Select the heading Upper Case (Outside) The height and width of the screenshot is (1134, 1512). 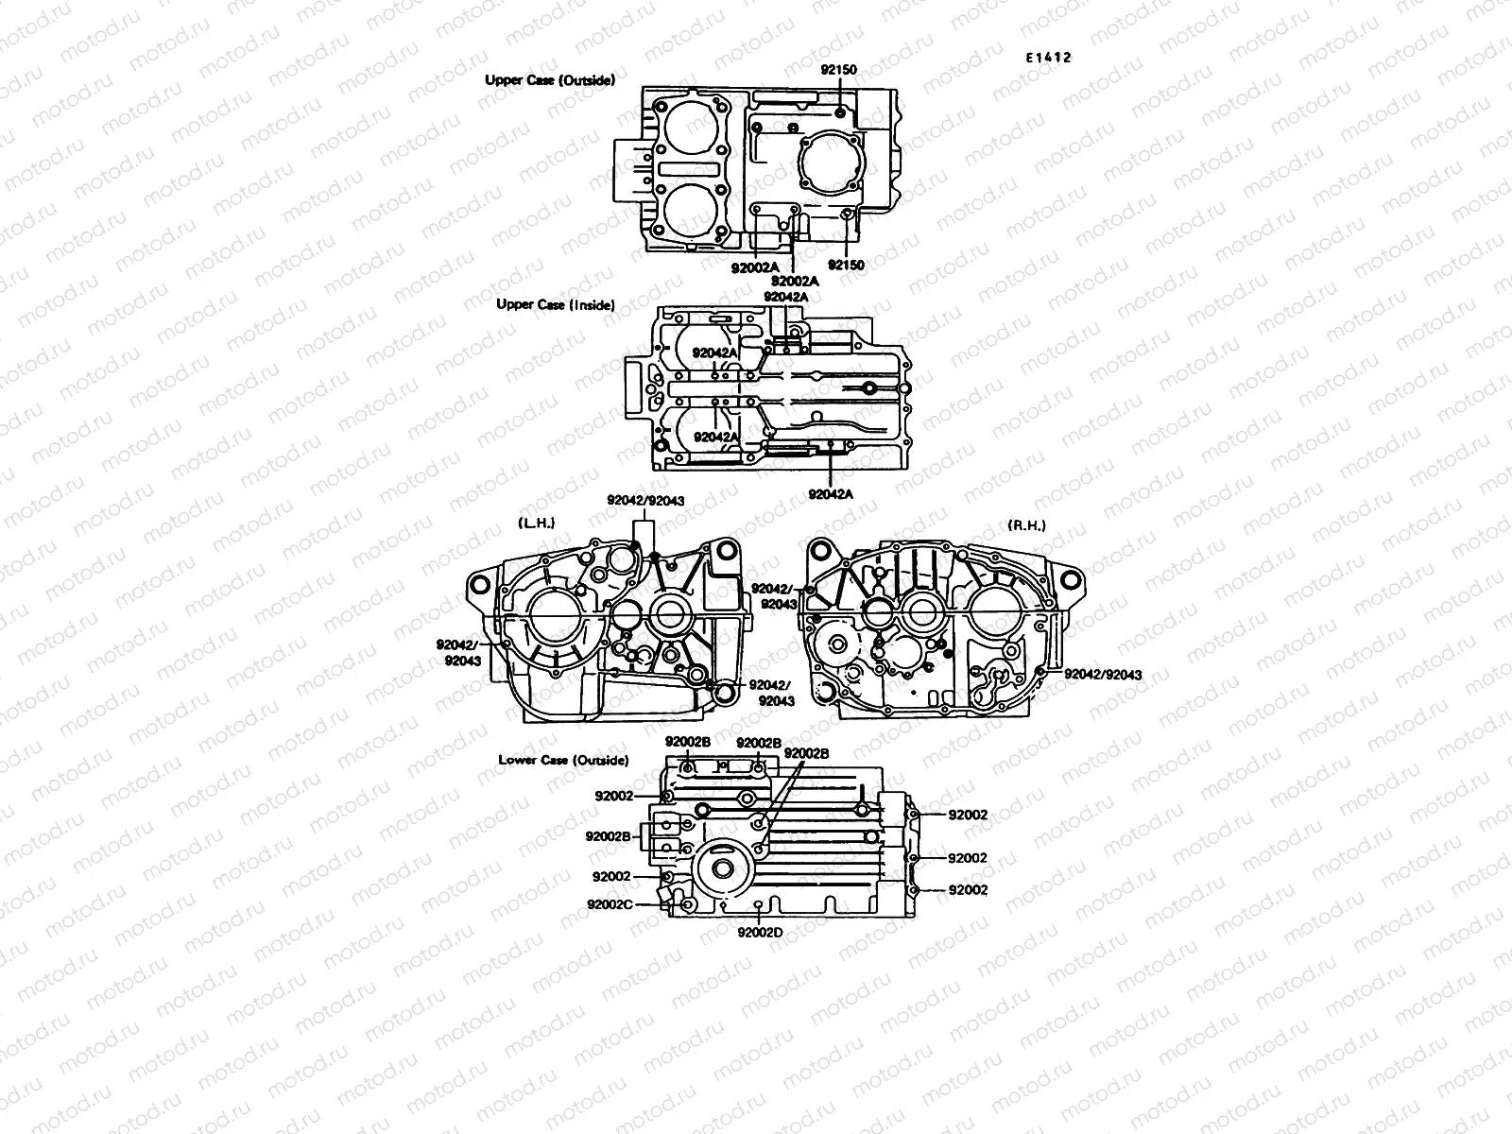(x=550, y=80)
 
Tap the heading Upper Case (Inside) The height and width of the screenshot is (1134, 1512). (x=556, y=304)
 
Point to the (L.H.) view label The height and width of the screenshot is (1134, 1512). (x=537, y=523)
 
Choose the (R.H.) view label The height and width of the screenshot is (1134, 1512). (x=1027, y=525)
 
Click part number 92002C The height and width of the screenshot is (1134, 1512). (x=610, y=903)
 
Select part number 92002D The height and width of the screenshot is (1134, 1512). (x=761, y=932)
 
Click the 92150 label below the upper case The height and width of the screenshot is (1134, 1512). (x=846, y=266)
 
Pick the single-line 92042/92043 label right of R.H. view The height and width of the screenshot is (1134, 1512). (x=1103, y=675)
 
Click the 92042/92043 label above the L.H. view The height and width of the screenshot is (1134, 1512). (x=646, y=500)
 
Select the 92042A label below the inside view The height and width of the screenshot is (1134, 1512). (x=831, y=494)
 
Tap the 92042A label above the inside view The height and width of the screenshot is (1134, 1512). (x=786, y=297)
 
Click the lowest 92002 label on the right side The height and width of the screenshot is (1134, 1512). (x=968, y=890)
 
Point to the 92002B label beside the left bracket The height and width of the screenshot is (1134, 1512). (x=609, y=835)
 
